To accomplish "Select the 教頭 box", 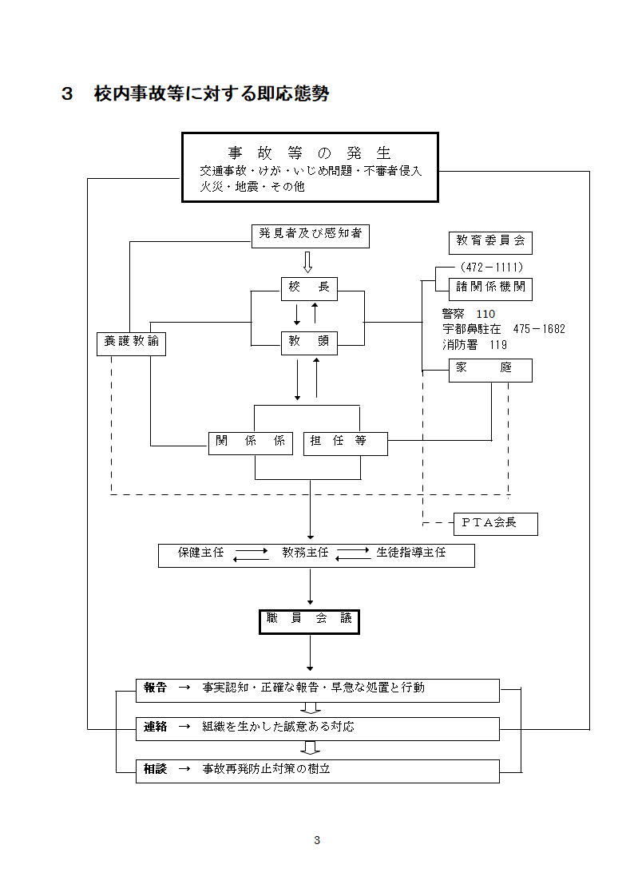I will coord(309,343).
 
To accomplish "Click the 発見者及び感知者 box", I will coord(310,236).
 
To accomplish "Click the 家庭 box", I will coord(490,370).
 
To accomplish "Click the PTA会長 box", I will coord(495,524).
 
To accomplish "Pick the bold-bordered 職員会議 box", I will coord(310,620).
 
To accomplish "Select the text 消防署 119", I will coord(474,345).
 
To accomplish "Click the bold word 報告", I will coord(155,688).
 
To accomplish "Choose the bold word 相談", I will coord(155,769).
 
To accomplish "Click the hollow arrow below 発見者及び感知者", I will coord(308,261).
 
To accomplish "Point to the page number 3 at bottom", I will coord(317,839).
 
